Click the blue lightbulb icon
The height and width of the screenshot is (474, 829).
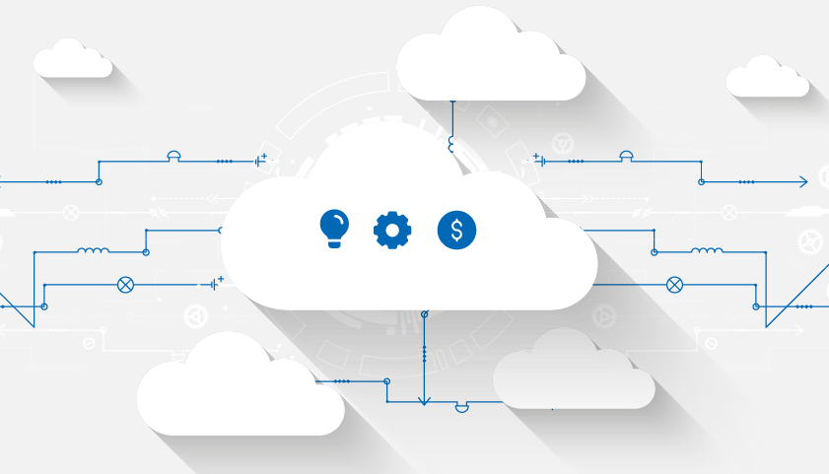click(x=334, y=228)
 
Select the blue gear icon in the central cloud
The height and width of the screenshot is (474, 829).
click(x=392, y=231)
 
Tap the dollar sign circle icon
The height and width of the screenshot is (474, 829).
click(x=456, y=231)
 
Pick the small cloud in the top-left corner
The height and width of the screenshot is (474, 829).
click(x=72, y=60)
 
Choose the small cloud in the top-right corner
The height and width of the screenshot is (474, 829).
click(x=767, y=78)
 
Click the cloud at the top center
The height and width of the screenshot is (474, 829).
click(x=491, y=57)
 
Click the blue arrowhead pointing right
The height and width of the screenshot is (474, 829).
click(x=802, y=181)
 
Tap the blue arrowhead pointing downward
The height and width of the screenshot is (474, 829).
click(x=424, y=399)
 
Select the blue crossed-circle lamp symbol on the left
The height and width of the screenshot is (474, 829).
click(x=125, y=285)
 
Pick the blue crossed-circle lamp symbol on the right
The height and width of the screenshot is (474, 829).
click(x=674, y=285)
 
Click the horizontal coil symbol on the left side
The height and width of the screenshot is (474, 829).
click(x=94, y=251)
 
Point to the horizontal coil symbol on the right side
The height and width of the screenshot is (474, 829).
click(x=706, y=251)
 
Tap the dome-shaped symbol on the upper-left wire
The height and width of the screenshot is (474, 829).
click(x=173, y=156)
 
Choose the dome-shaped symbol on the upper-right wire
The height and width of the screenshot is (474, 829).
click(x=625, y=156)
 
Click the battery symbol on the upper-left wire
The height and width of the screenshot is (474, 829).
click(x=261, y=158)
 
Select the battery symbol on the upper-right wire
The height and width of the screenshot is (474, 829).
click(x=539, y=158)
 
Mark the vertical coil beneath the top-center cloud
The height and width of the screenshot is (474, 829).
click(x=451, y=145)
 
